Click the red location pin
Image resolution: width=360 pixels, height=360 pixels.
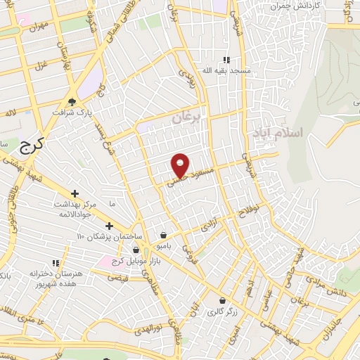click(x=181, y=165)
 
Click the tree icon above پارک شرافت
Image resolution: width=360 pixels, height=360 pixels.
click(x=72, y=101)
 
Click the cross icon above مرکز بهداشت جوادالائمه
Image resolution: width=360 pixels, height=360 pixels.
click(x=75, y=193)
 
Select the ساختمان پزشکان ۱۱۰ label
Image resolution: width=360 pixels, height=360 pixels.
click(x=108, y=236)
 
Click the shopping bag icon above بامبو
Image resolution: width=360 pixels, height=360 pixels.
click(x=164, y=236)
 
